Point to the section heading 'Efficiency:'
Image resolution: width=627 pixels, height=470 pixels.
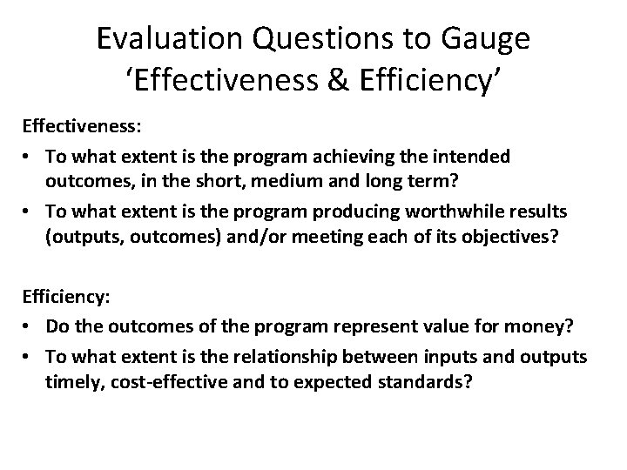(66, 297)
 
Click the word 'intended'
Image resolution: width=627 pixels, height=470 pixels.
(475, 157)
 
